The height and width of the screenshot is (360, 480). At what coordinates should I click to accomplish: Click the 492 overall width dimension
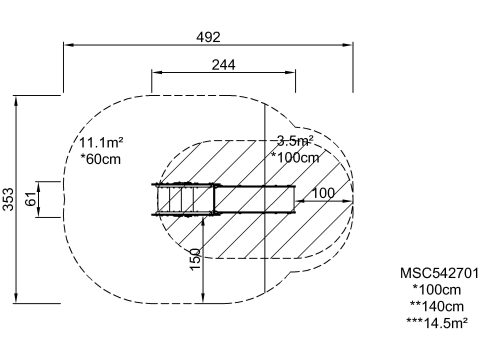[x=208, y=37]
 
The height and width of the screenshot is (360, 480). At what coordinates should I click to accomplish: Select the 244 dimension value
[x=223, y=65]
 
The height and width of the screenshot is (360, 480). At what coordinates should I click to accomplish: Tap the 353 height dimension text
[x=8, y=199]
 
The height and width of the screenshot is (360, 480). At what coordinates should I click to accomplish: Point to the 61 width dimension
[x=31, y=199]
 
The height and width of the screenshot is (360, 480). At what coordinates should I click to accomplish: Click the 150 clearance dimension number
[x=195, y=259]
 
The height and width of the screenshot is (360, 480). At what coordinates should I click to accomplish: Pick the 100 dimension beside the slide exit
[x=323, y=193]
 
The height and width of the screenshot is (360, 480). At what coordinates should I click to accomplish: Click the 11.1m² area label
[x=101, y=143]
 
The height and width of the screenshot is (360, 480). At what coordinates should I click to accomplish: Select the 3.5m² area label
[x=295, y=141]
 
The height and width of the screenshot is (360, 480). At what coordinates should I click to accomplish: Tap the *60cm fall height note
[x=101, y=159]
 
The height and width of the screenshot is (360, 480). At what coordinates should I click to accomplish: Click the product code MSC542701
[x=439, y=273]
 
